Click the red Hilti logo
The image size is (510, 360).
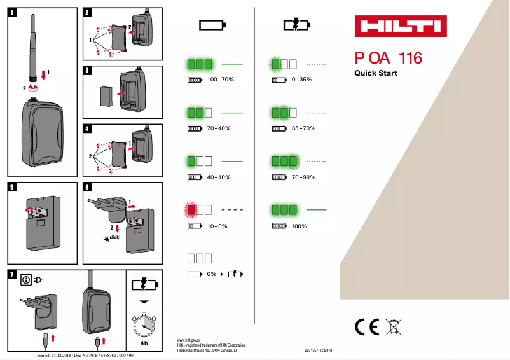coord(400,27)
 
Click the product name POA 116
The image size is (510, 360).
coord(388,59)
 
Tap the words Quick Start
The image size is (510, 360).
coord(375,73)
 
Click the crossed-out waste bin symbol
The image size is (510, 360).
coord(394,326)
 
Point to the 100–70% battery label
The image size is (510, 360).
coord(221,80)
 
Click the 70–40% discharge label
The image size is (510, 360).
coord(219,128)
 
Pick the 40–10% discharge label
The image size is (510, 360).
coord(219,177)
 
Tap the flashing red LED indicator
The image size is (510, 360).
coord(191,209)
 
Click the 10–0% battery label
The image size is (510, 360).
coord(217,226)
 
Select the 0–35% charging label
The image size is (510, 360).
coord(301,80)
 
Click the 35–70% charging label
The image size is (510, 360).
coord(303,128)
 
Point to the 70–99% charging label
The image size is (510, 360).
coord(303,177)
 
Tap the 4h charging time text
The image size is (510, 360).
coord(144,343)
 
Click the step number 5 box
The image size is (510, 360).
coord(13,187)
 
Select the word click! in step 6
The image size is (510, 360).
coord(114,237)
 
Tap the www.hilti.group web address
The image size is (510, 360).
coord(189,341)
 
